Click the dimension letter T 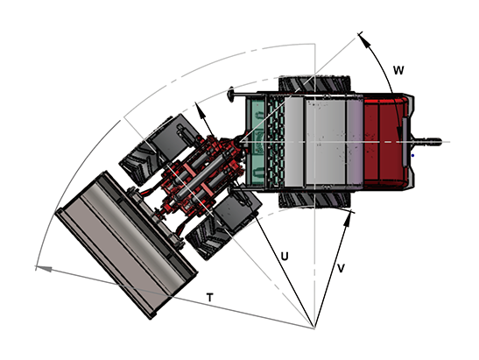209,297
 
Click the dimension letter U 285,256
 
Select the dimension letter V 341,268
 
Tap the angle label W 398,70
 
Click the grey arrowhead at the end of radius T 44,269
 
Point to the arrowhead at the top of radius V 348,219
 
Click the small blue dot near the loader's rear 412,156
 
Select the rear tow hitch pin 426,142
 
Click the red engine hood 385,142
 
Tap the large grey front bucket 126,244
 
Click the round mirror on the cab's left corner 231,94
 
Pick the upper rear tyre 314,83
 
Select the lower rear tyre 314,200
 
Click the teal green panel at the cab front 257,142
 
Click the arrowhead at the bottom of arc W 400,133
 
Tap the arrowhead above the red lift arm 201,111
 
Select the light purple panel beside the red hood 355,142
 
